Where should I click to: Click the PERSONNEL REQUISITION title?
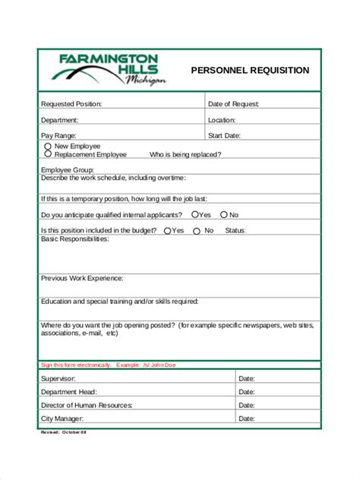(x=250, y=70)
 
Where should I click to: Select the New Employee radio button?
(x=49, y=146)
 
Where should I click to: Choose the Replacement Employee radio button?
(x=49, y=154)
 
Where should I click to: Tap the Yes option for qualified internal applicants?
(x=195, y=215)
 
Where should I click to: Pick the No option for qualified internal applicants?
(x=223, y=215)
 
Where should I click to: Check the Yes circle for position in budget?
(x=167, y=231)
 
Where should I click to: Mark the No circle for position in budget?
(x=197, y=231)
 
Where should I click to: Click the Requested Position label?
(x=71, y=104)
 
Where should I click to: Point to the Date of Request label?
(x=234, y=104)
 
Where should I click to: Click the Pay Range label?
(x=58, y=136)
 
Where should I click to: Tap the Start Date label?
(x=224, y=136)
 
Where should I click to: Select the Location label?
(x=222, y=120)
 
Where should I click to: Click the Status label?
(x=235, y=231)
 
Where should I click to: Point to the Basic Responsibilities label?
(x=74, y=239)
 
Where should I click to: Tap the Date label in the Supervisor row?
(x=246, y=378)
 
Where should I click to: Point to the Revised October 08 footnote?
(x=64, y=433)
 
